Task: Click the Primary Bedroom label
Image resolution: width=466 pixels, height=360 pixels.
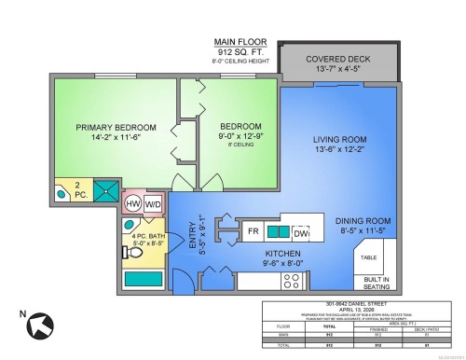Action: click(x=110, y=132)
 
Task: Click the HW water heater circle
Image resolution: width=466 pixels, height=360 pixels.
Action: click(x=133, y=203)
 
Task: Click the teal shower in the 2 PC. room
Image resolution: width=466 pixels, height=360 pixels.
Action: click(x=106, y=193)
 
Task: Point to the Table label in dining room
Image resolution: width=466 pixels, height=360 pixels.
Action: click(x=368, y=256)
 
